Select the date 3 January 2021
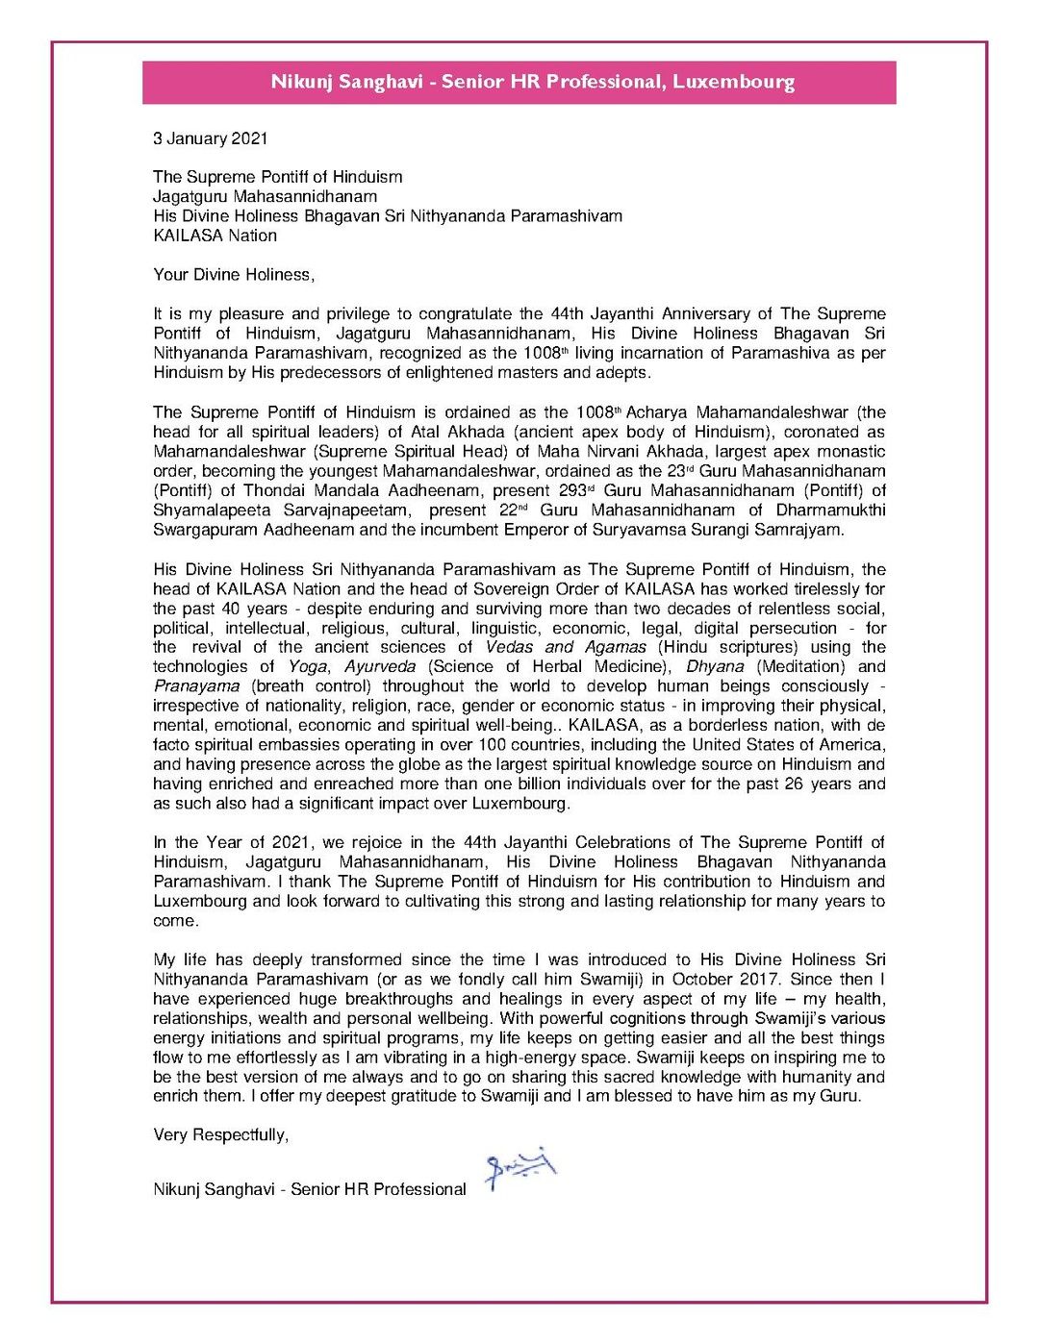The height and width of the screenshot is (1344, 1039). [x=210, y=138]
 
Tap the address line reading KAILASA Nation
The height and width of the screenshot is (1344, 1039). [x=215, y=236]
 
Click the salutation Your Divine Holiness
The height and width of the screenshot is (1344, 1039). [x=234, y=275]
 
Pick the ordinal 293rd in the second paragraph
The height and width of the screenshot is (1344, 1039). [x=575, y=490]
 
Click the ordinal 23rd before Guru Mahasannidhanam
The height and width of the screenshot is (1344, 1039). [x=679, y=471]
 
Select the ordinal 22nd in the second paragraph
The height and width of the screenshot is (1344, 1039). [x=513, y=510]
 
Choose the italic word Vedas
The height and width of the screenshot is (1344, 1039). [x=509, y=647]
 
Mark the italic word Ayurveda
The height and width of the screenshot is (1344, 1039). [x=380, y=666]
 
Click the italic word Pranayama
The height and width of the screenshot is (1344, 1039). [x=196, y=686]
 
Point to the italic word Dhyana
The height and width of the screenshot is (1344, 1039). [x=715, y=666]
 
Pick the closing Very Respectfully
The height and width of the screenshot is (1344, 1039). [x=220, y=1135]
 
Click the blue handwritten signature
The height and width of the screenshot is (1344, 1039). [x=520, y=1168]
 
